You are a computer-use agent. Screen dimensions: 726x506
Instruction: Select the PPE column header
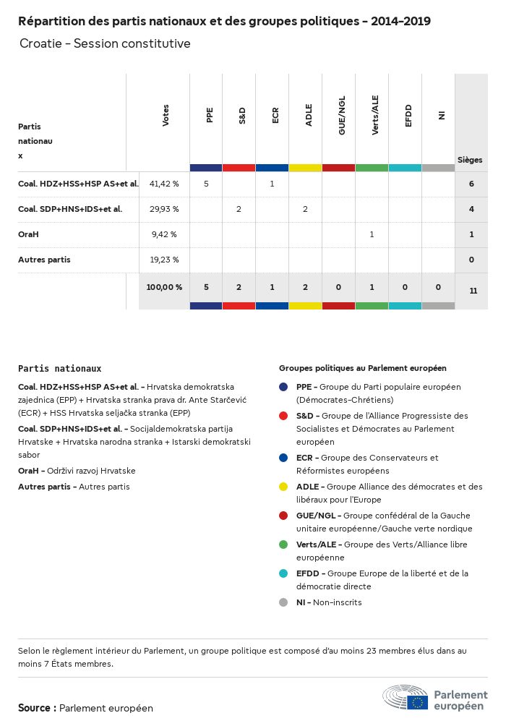209,115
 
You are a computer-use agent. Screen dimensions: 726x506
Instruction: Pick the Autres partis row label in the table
44,260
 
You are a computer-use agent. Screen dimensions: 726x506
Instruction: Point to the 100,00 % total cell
164,287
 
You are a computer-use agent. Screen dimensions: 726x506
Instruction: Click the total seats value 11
473,291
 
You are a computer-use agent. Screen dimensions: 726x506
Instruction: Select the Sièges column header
470,160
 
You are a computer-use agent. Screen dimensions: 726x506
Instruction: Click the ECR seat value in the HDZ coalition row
272,184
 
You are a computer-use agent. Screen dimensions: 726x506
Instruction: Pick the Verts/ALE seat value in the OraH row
372,234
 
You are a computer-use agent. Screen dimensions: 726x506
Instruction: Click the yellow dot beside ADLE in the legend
284,487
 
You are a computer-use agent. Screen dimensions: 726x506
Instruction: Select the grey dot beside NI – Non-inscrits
284,602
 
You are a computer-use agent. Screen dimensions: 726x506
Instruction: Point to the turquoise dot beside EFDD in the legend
284,573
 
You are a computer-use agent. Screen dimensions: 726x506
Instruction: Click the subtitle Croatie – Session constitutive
105,43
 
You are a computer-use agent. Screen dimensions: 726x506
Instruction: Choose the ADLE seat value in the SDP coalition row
305,209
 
